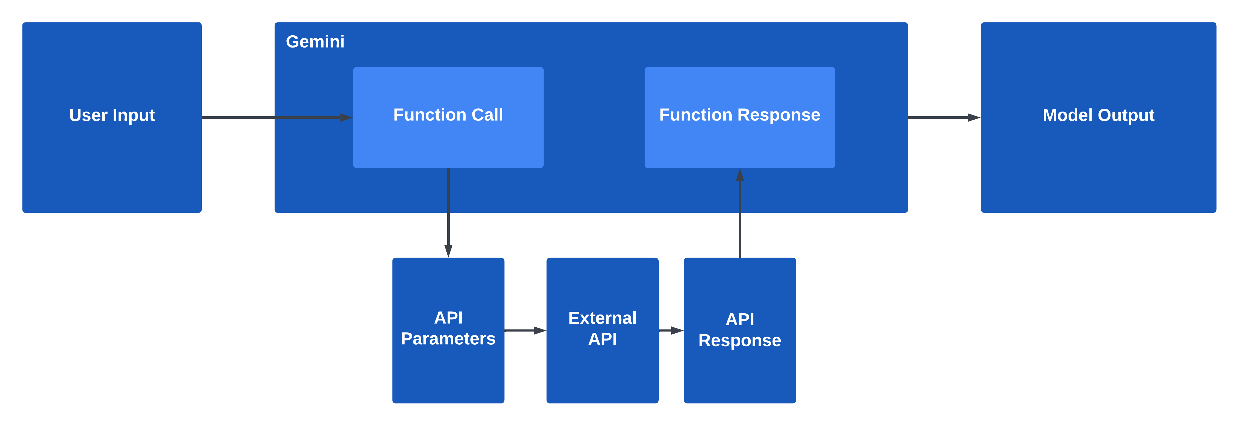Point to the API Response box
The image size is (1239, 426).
pyautogui.click(x=739, y=370)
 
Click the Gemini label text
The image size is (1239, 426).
pyautogui.click(x=315, y=42)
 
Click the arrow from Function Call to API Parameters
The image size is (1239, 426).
pyautogui.click(x=448, y=212)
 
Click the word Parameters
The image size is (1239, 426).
pyautogui.click(x=448, y=339)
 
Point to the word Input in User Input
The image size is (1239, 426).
pyautogui.click(x=133, y=115)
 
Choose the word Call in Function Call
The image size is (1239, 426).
pyautogui.click(x=487, y=115)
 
